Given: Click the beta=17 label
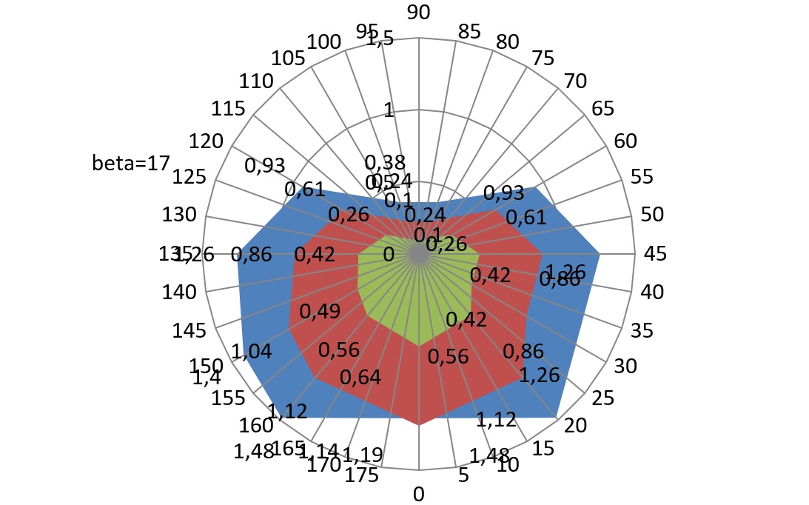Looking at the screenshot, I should tap(131, 163).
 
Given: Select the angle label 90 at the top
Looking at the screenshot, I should tap(419, 12).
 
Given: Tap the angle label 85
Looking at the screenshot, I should tap(469, 31).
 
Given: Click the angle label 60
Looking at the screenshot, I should tap(625, 140).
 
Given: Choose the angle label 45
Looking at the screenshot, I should tap(655, 253).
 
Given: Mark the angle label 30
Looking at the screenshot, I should tap(625, 366).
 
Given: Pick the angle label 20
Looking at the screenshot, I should tap(577, 425).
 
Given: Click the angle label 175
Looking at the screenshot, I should tap(363, 475).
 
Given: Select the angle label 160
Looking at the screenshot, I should tap(255, 426).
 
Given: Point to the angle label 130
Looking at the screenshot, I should tap(179, 215).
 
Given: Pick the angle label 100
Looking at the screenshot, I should tap(323, 41).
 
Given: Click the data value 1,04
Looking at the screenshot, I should tap(252, 351).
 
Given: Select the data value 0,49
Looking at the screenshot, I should tap(319, 311).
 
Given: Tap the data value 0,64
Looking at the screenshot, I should tap(360, 378).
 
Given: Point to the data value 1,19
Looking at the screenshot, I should tap(362, 453).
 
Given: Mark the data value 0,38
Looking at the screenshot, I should tap(385, 162).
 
